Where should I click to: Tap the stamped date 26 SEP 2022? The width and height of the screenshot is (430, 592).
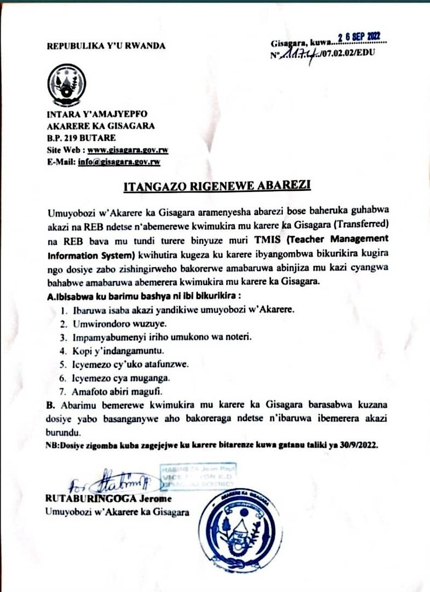pos(359,37)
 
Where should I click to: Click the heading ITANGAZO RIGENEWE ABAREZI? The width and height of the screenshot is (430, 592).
pos(217,187)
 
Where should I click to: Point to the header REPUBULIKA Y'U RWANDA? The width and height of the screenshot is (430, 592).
pos(106,46)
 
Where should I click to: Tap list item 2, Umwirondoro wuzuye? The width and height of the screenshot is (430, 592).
pos(113,324)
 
